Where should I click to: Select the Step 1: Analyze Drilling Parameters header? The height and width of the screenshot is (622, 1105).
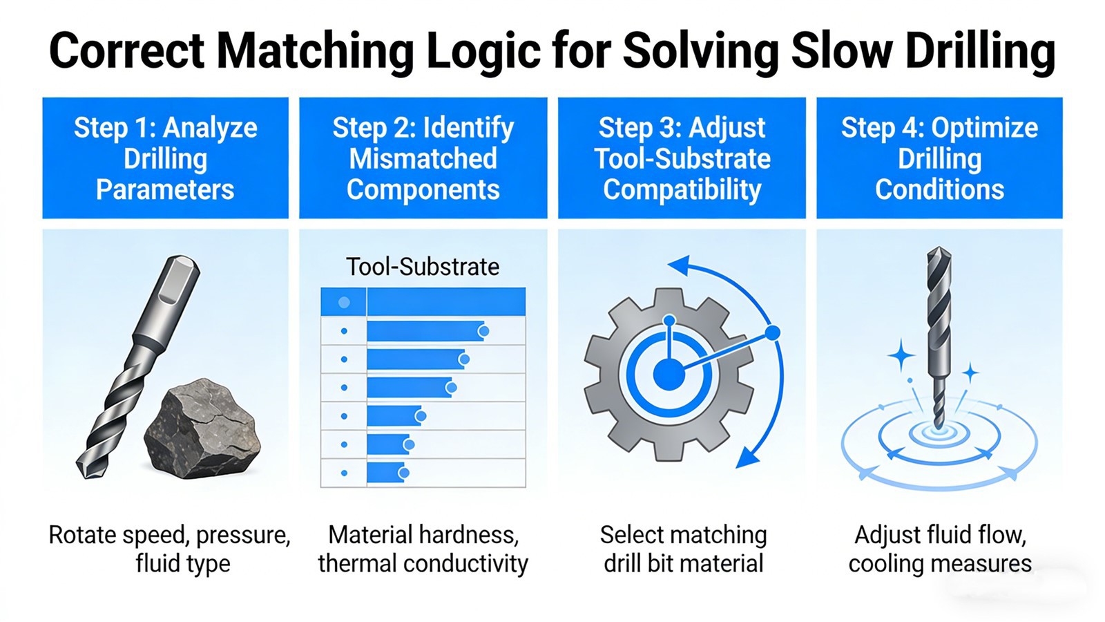[x=165, y=158]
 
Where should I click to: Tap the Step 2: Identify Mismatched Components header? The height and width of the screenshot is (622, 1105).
[x=423, y=158]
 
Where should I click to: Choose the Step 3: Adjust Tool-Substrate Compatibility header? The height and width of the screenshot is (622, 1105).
[x=682, y=158]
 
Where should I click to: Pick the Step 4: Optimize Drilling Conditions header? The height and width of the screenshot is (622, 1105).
[x=939, y=158]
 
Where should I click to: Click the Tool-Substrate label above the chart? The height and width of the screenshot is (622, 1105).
[x=423, y=267]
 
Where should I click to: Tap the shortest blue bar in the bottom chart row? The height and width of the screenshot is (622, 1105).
[x=385, y=473]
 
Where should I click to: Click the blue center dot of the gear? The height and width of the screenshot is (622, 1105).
[x=669, y=375]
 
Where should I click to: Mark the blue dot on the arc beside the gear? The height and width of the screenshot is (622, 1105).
[x=773, y=333]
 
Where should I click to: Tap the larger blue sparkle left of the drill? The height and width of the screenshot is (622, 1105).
[x=901, y=357]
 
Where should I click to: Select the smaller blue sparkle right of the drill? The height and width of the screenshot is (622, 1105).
[x=971, y=373]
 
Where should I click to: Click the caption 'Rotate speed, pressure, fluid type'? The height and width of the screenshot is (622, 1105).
[x=169, y=549]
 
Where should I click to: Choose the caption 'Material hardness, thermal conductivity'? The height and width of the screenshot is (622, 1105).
[x=423, y=549]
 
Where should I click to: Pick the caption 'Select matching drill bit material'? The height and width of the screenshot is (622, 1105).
[x=683, y=549]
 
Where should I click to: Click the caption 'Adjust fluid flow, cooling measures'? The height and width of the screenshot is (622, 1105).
[x=940, y=549]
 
